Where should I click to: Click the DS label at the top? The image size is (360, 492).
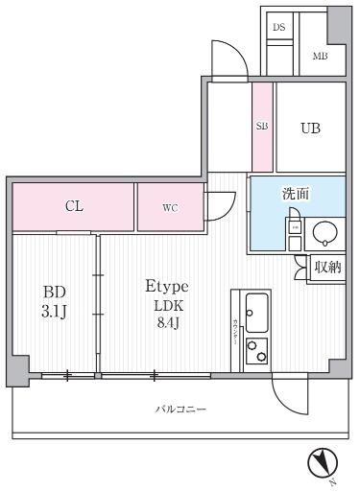(279, 27)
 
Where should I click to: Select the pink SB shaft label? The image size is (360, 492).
(262, 126)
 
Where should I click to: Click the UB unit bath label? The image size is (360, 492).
(309, 127)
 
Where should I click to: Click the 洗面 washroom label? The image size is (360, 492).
(295, 194)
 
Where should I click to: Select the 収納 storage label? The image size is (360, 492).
(327, 268)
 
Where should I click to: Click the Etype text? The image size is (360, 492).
(166, 286)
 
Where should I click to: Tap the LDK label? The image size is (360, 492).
(167, 307)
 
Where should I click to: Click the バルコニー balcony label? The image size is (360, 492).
(181, 410)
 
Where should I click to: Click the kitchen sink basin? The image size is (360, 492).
(256, 310)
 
